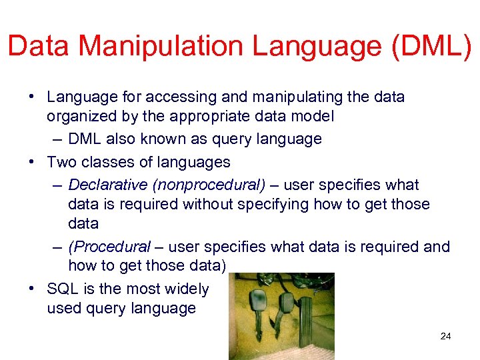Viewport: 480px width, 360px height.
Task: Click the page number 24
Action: pos(445,336)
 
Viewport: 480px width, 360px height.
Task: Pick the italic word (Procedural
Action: pos(109,247)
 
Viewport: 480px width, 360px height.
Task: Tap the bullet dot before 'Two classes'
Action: pos(32,162)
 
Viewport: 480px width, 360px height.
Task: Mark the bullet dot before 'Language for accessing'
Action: pos(32,97)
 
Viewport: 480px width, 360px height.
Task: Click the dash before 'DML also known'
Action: pos(58,139)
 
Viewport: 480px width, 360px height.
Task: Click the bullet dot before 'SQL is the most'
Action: pos(32,289)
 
